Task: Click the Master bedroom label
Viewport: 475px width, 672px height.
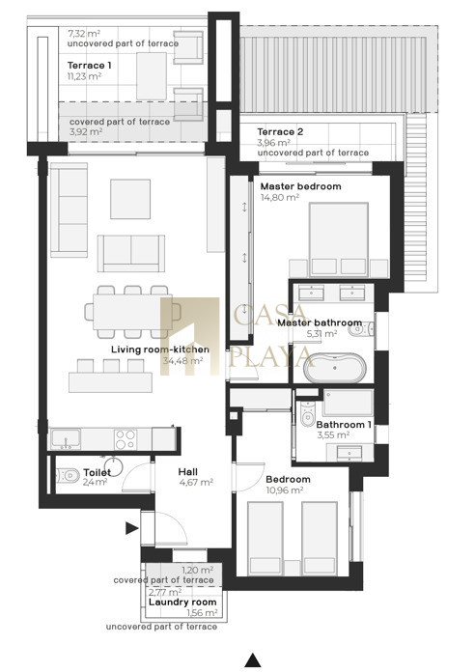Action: click(x=300, y=186)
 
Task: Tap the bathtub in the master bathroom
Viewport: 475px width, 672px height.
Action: click(x=334, y=368)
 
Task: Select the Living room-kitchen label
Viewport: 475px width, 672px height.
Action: click(x=160, y=350)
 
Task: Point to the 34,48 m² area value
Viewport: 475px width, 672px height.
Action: click(x=182, y=361)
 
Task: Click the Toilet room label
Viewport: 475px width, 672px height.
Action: click(x=97, y=472)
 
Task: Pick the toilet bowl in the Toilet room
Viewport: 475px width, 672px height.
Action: click(x=69, y=475)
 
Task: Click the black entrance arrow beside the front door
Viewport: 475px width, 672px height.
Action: click(x=131, y=528)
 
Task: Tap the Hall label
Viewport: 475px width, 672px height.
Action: click(x=187, y=472)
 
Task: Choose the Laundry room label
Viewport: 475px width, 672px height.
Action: click(x=182, y=602)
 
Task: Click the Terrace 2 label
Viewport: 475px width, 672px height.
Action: click(x=280, y=132)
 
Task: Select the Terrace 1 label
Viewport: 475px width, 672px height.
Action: click(x=89, y=66)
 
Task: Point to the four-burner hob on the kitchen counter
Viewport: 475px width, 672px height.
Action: click(x=126, y=439)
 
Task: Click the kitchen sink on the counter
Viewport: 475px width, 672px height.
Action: click(x=66, y=439)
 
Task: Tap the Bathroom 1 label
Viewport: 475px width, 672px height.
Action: click(x=344, y=425)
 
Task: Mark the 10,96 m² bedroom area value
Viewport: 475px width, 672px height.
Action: click(x=285, y=490)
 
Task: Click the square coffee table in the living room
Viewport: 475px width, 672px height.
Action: click(x=130, y=199)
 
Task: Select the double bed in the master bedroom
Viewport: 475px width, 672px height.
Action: click(x=339, y=239)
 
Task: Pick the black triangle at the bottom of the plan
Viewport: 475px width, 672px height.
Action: click(x=253, y=660)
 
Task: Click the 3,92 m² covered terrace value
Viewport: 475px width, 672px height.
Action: click(x=86, y=132)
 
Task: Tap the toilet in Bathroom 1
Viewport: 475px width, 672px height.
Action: click(x=307, y=413)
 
